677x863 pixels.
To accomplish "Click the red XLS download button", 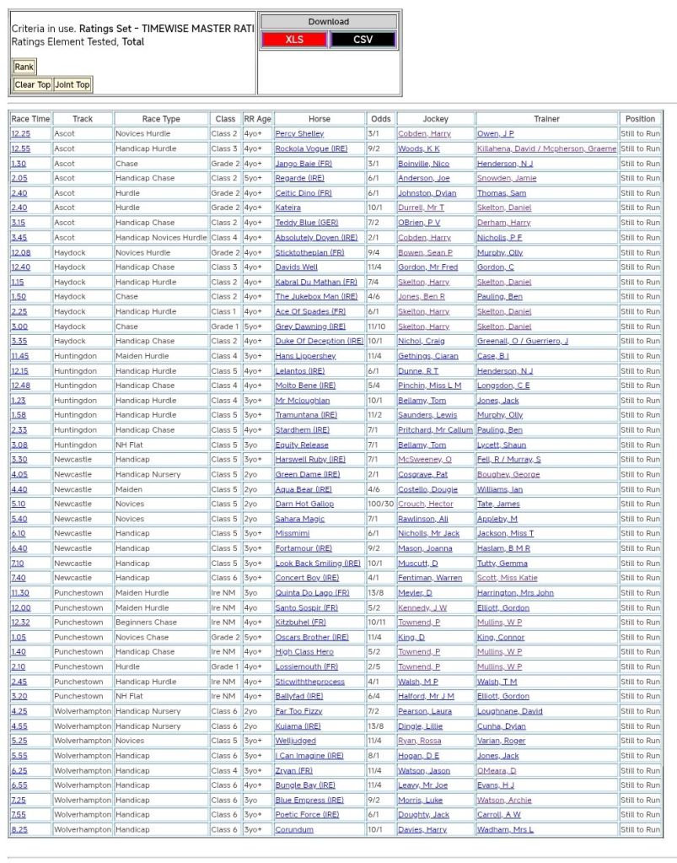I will click(293, 40).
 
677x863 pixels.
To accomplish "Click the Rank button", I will click(24, 67).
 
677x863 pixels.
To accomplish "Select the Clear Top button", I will click(32, 84).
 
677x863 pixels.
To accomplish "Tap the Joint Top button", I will click(72, 84).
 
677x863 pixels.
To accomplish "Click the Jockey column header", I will click(435, 119).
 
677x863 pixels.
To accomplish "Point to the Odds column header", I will click(380, 119).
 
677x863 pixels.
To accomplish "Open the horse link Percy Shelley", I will click(299, 134).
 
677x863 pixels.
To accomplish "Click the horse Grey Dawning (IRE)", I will click(310, 326).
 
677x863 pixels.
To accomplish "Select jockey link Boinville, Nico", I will click(423, 164).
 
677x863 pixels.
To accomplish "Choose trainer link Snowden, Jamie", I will click(507, 178).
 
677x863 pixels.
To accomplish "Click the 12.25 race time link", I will click(20, 134).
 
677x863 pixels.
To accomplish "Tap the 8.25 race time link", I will click(19, 830).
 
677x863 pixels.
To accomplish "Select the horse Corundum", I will click(294, 830).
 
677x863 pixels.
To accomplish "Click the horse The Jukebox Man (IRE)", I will click(316, 297).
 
